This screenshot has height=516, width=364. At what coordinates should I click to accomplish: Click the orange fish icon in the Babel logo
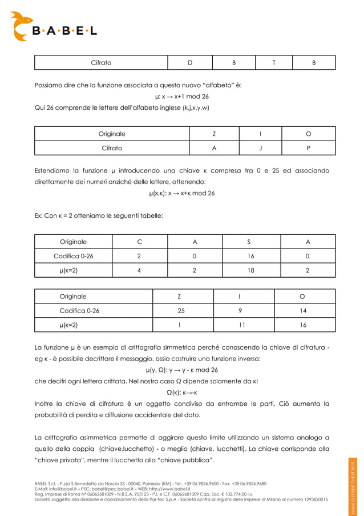coord(23,26)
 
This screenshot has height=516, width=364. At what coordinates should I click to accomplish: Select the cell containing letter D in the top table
coord(190,62)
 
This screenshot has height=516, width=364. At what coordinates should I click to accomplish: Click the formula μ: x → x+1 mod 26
coord(181,96)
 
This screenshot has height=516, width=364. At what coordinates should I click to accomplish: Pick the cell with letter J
coord(260,148)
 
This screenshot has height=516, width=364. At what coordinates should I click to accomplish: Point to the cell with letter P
coord(309,148)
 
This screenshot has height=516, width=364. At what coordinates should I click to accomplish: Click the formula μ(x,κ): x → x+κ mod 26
coord(181,193)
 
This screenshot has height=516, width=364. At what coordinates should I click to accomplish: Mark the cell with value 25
coord(181,311)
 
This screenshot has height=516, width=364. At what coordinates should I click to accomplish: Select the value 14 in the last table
coord(302,311)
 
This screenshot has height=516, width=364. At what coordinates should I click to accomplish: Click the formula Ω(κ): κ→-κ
coord(181,393)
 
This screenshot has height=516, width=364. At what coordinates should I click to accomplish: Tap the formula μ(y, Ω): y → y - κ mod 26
coord(181,370)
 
